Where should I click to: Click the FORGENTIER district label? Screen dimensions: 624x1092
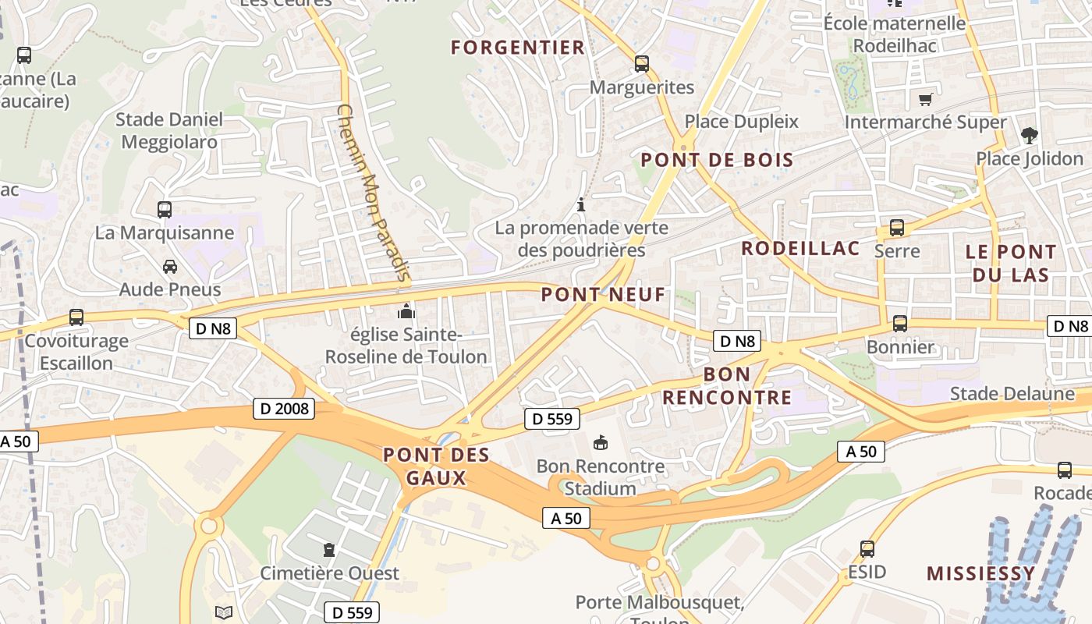[518, 48]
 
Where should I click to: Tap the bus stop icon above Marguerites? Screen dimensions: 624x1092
[642, 64]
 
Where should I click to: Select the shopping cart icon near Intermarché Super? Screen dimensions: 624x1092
[925, 99]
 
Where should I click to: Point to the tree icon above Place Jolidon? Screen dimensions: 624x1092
[1030, 136]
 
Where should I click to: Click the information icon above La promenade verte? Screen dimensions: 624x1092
[581, 205]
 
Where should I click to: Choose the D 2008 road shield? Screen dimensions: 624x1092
[283, 408]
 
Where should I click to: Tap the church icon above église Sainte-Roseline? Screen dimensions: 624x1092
[406, 312]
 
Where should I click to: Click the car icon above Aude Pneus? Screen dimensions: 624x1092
[169, 267]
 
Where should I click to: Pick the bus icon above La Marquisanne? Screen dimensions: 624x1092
[165, 209]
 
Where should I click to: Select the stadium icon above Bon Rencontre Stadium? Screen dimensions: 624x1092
[601, 443]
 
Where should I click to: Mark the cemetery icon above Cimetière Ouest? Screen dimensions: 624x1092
[329, 550]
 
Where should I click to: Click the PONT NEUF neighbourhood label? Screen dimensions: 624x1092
[603, 294]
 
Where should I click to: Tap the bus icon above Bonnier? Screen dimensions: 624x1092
[900, 323]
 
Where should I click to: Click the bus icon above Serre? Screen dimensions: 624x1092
[897, 228]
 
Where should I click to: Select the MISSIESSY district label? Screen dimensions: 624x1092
[980, 573]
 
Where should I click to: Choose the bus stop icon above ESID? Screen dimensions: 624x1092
[867, 548]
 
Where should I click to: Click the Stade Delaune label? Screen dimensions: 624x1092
[1012, 393]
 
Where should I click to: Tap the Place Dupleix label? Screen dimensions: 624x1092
[742, 121]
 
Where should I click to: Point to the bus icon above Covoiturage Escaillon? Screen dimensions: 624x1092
[76, 317]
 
